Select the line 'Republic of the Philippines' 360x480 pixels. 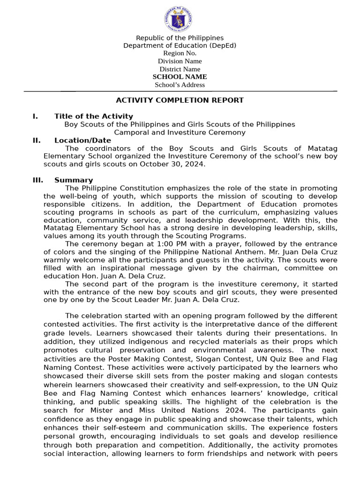click(x=180, y=38)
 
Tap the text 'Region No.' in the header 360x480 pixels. click(x=180, y=53)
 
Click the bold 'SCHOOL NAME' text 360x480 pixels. click(x=180, y=77)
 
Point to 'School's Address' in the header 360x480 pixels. click(x=180, y=85)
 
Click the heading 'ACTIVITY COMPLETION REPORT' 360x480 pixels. click(x=180, y=100)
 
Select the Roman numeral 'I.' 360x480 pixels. click(x=35, y=116)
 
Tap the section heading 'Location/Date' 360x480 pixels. click(x=82, y=140)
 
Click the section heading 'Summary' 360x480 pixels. click(x=74, y=180)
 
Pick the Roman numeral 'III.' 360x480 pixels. click(x=37, y=180)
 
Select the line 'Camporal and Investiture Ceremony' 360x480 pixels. click(x=180, y=132)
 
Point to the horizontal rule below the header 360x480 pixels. click(x=180, y=91)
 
